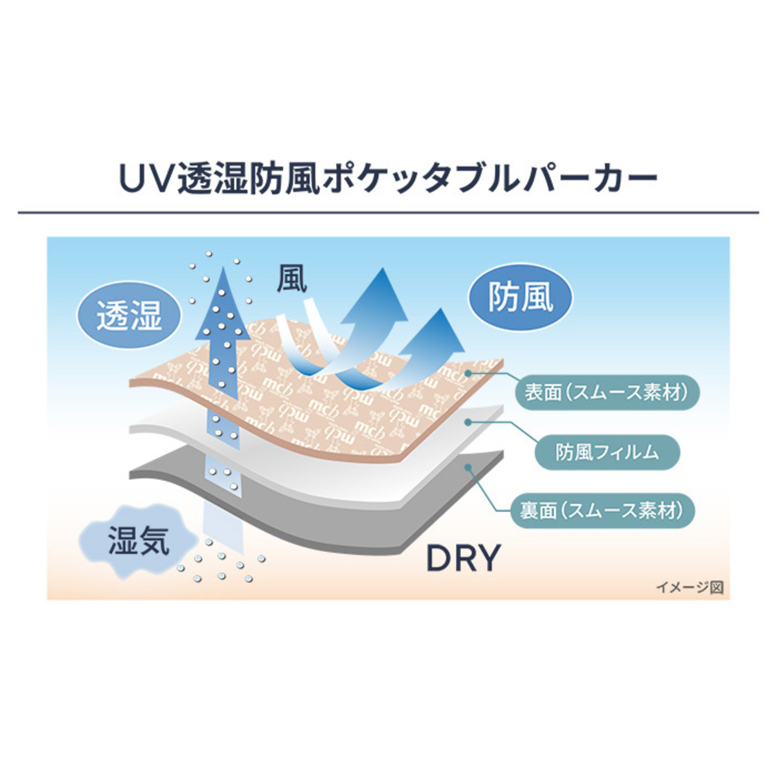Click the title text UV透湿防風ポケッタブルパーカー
pos(388,177)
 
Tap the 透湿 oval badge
pos(129,315)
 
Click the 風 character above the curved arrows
pos(292,279)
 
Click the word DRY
pos(464,558)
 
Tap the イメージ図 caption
pos(689,587)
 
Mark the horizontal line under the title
pos(388,212)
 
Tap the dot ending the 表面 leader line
pos(468,374)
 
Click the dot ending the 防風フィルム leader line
pos(468,422)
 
